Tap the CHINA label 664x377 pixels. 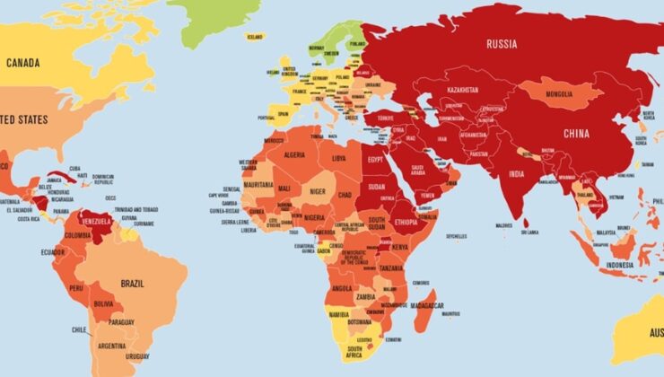(x=576, y=134)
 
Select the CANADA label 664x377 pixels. (x=27, y=63)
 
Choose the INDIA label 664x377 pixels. (x=518, y=173)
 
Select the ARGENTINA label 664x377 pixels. (x=112, y=346)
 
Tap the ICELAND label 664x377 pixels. (x=256, y=37)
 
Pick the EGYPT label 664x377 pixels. (x=375, y=158)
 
